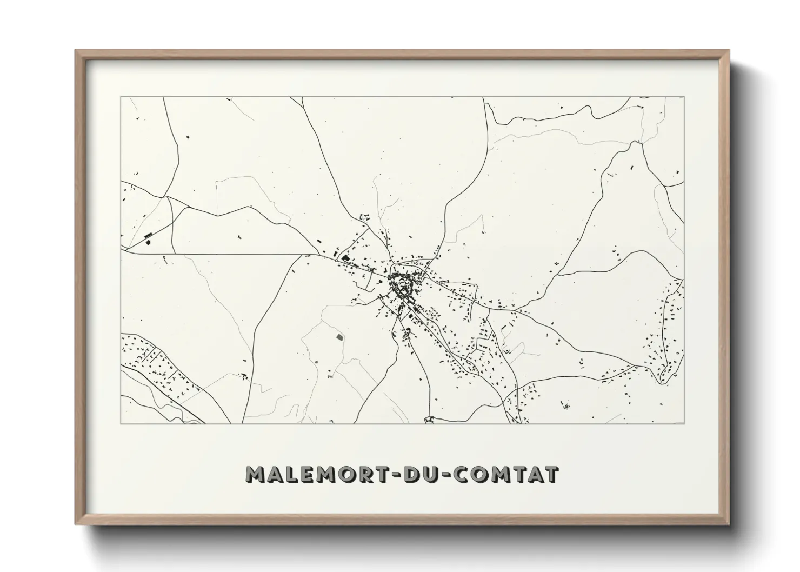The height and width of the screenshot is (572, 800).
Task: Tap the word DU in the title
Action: pyautogui.click(x=420, y=475)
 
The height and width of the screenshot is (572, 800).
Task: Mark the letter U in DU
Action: pyautogui.click(x=430, y=475)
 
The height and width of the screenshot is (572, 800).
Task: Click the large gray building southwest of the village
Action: pyautogui.click(x=340, y=337)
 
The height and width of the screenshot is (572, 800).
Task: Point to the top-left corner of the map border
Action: pyautogui.click(x=121, y=97)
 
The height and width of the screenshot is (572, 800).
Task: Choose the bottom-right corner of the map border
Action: pyautogui.click(x=684, y=423)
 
